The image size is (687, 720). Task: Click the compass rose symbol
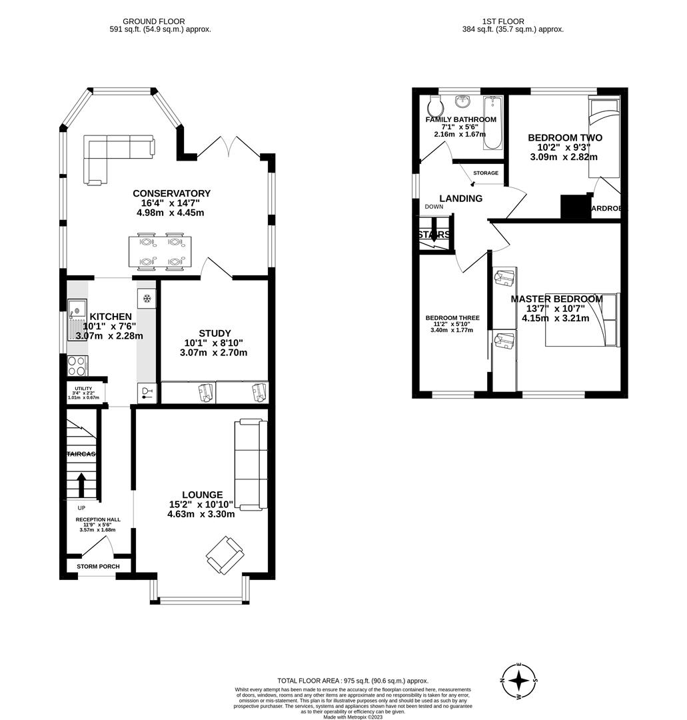518,681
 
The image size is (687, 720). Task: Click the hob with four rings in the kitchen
77,366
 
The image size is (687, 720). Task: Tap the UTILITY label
83,388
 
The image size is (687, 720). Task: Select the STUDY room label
215,333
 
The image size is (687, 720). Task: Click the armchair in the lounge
225,555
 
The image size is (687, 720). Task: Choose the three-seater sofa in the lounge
251,465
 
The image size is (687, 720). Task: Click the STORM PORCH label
98,567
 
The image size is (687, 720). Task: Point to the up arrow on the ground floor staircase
81,485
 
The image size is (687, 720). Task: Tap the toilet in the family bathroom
434,106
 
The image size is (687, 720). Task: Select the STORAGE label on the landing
485,173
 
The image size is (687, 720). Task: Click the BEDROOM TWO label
564,138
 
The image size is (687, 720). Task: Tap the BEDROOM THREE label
452,318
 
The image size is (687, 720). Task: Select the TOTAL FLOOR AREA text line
352,681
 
